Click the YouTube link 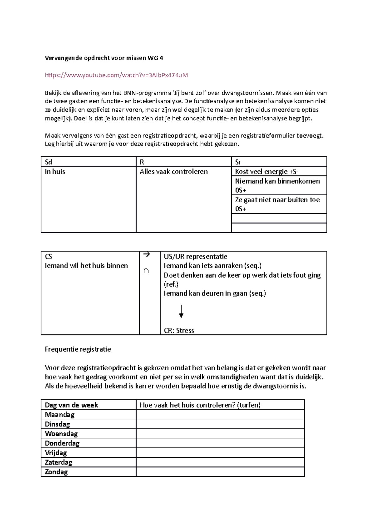click(116, 75)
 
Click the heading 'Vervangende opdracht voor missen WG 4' click(104, 58)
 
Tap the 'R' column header click(142, 162)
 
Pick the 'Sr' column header click(238, 162)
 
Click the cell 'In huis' click(55, 172)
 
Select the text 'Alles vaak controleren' click(173, 172)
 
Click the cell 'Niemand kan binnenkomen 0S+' click(277, 185)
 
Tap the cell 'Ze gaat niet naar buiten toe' click(277, 204)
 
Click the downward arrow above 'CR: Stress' click(181, 311)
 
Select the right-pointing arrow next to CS click(147, 255)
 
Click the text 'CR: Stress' click(179, 331)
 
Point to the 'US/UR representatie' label click(195, 256)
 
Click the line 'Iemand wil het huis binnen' click(86, 266)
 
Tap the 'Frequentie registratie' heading click(78, 349)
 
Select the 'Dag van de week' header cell click(71, 405)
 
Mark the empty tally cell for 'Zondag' click(220, 472)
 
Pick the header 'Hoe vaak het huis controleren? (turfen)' click(200, 405)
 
